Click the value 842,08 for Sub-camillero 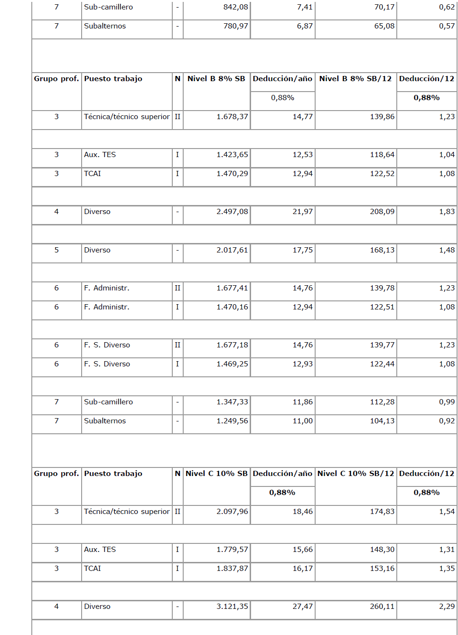pyautogui.click(x=235, y=7)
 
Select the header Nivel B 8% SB pyautogui.click(x=216, y=79)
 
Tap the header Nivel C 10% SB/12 pyautogui.click(x=355, y=474)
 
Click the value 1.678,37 pyautogui.click(x=232, y=117)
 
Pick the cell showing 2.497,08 pyautogui.click(x=232, y=212)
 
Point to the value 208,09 pyautogui.click(x=382, y=212)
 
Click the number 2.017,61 pyautogui.click(x=232, y=250)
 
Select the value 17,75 pyautogui.click(x=302, y=250)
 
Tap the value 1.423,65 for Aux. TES pyautogui.click(x=232, y=155)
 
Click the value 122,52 pyautogui.click(x=382, y=174)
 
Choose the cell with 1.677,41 pyautogui.click(x=232, y=288)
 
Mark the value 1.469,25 pyautogui.click(x=232, y=364)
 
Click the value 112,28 pyautogui.click(x=382, y=402)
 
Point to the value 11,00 pyautogui.click(x=302, y=421)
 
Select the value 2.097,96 pyautogui.click(x=232, y=512)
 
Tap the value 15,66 pyautogui.click(x=302, y=550)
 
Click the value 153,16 pyautogui.click(x=382, y=569)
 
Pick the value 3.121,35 pyautogui.click(x=232, y=607)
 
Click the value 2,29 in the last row pyautogui.click(x=447, y=607)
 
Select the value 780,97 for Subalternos pyautogui.click(x=235, y=26)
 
